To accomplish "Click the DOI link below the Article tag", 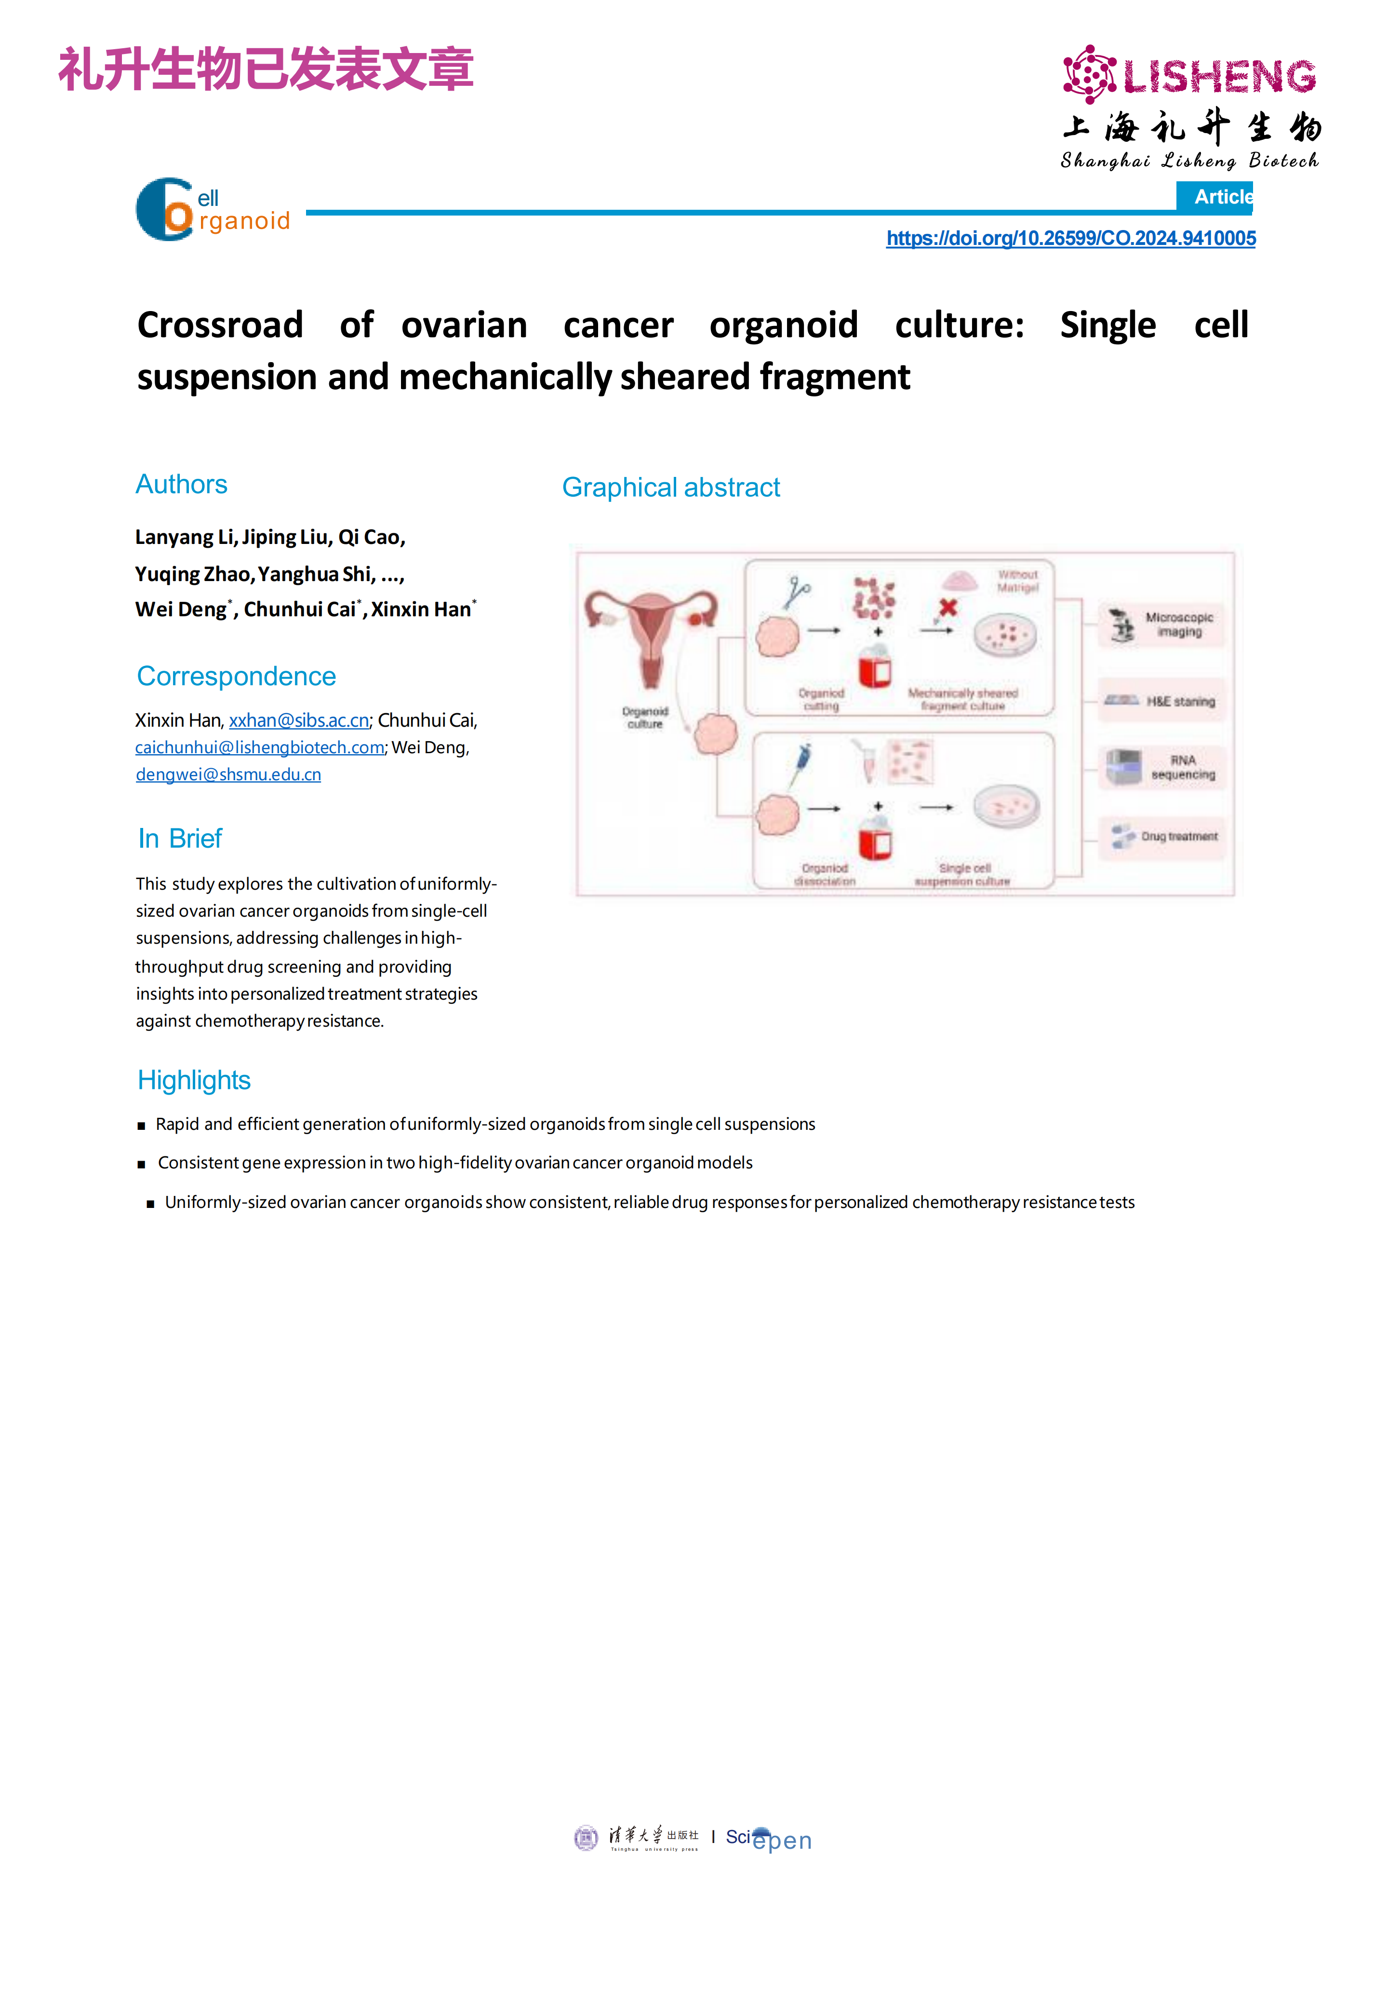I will point(1070,238).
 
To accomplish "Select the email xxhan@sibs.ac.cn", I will point(299,720).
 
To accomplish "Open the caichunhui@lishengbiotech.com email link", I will point(260,747).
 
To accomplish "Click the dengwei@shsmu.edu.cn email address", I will point(228,774).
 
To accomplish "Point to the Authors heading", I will point(181,485).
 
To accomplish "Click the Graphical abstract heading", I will point(670,487).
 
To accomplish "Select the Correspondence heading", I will point(236,676).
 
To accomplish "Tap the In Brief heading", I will point(180,839).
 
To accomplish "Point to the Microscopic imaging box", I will point(1161,624).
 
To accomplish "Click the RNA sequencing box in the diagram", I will point(1161,767).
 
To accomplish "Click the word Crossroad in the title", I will point(220,325).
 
